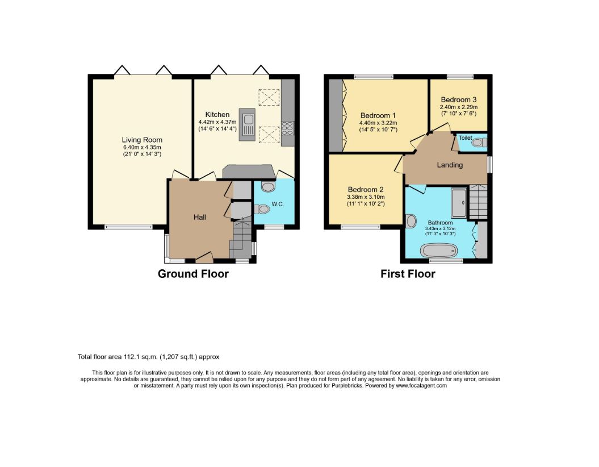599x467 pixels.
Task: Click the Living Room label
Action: tap(142, 140)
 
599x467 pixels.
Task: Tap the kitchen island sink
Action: tap(247, 124)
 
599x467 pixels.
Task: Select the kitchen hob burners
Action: tap(288, 128)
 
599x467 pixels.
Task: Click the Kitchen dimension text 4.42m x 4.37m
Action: tap(217, 122)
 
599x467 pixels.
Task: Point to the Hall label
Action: tap(200, 217)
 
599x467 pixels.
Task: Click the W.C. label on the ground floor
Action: tap(278, 204)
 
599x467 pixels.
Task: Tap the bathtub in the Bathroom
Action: tap(438, 251)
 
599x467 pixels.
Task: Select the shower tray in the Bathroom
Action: tap(459, 203)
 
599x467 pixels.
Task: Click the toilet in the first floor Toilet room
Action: tap(479, 143)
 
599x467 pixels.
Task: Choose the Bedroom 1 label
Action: tap(378, 115)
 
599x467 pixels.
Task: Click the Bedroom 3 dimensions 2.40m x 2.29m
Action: tap(458, 107)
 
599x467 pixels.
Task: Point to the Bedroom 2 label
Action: tap(366, 190)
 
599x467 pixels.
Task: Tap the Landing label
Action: tap(450, 165)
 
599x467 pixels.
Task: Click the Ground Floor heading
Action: tap(193, 274)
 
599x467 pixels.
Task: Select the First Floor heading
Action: tap(408, 274)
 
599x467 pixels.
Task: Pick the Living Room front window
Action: tap(129, 227)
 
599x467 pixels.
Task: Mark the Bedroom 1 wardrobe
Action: tap(336, 115)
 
